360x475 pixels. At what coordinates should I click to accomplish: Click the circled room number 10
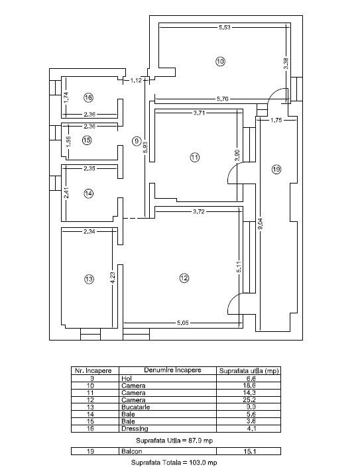(x=220, y=62)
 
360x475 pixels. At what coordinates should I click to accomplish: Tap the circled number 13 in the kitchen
(x=89, y=279)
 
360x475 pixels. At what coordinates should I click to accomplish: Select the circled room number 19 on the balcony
(x=276, y=169)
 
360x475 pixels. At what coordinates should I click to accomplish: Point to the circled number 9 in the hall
(x=137, y=141)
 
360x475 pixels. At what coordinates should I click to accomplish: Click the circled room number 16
(x=88, y=97)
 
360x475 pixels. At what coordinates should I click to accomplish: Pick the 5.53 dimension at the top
(x=225, y=27)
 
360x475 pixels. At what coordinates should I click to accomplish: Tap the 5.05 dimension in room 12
(x=182, y=323)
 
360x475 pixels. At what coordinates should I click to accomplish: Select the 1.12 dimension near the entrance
(x=136, y=80)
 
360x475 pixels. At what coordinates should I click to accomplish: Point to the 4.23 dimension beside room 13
(x=113, y=278)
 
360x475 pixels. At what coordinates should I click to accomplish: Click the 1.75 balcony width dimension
(x=276, y=120)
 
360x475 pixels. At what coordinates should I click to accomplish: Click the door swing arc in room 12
(x=231, y=305)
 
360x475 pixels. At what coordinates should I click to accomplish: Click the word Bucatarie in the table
(x=135, y=407)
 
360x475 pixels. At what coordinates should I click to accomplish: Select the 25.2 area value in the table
(x=249, y=399)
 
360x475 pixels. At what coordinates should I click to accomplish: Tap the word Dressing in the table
(x=135, y=429)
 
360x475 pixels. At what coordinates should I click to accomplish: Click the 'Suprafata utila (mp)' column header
(x=249, y=371)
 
